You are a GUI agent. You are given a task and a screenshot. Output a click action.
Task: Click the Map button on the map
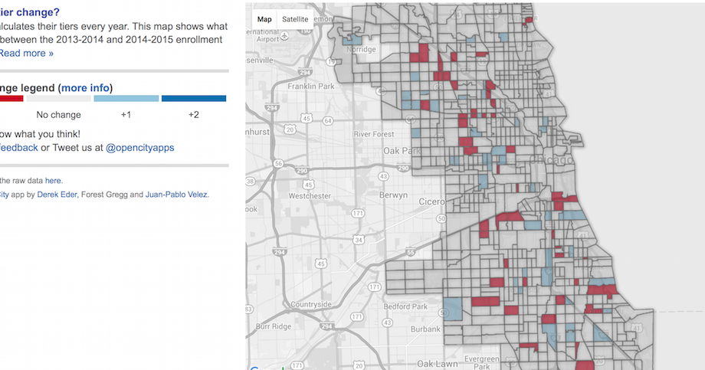point(264,18)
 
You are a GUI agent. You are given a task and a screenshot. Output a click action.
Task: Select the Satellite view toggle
point(295,18)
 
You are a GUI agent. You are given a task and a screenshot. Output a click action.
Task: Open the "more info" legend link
point(86,87)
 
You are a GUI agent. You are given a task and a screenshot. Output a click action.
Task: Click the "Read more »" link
point(26,53)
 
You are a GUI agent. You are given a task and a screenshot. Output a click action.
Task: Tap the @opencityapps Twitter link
point(139,147)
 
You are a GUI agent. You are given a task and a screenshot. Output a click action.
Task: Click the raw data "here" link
point(53,180)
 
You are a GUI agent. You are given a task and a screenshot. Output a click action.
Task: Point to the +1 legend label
point(126,114)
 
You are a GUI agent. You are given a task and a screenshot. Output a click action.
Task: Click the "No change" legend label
point(58,114)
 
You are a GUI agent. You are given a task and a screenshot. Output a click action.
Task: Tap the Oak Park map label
point(402,151)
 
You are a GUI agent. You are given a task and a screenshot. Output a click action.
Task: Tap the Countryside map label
point(311,304)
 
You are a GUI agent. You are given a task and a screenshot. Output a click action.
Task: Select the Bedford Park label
point(405,306)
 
